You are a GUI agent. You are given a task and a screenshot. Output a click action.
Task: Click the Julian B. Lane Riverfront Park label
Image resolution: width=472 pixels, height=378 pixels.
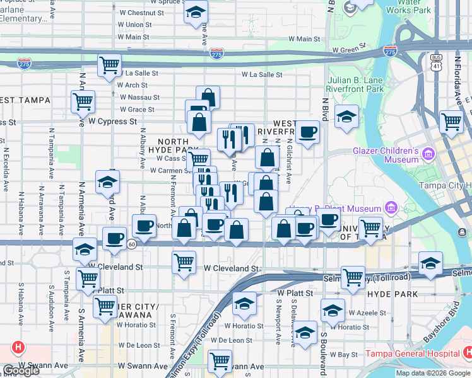356,84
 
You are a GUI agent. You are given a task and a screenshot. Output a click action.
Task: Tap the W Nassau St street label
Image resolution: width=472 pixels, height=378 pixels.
139,98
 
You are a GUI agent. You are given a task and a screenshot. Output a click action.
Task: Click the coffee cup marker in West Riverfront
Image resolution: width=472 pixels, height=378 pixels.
307,132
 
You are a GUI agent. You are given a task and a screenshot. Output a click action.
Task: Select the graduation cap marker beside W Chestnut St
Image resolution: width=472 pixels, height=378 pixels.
196,11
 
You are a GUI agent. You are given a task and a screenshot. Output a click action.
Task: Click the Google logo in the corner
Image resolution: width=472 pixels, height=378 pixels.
20,370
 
